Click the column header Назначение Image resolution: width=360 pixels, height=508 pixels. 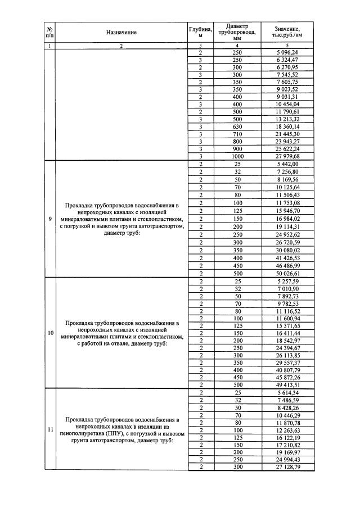click(121, 33)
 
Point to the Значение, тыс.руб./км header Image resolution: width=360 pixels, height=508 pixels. click(287, 32)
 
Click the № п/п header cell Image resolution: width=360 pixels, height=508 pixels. click(49, 32)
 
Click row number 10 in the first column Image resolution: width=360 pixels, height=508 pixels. click(50, 333)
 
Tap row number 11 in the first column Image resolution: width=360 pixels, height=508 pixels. click(50, 430)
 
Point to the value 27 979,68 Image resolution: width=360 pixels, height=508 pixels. click(287, 156)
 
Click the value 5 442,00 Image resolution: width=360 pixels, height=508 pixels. click(287, 164)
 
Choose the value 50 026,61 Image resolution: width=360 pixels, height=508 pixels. click(287, 273)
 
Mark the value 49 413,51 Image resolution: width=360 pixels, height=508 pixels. click(287, 385)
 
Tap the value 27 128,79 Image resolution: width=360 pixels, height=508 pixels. click(287, 467)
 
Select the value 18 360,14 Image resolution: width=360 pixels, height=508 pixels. click(287, 126)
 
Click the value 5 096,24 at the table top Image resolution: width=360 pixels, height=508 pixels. click(287, 52)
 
